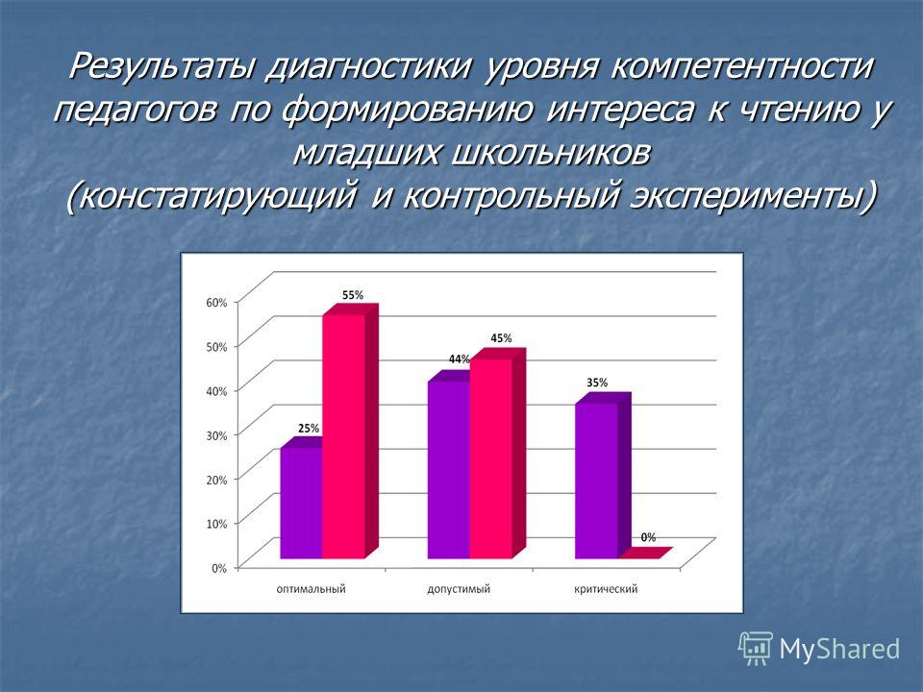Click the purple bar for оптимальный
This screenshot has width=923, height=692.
tap(301, 503)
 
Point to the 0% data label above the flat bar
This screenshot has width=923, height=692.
tap(648, 537)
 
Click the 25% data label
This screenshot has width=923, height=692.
tap(309, 429)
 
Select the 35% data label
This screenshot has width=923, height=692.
tap(597, 383)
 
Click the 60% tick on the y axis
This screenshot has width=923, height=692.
tap(216, 303)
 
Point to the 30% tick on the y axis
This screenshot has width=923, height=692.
tap(216, 435)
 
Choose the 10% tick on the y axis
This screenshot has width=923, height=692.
tap(216, 524)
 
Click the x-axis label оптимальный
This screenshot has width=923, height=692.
tap(311, 589)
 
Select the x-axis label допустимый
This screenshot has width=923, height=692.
tap(459, 589)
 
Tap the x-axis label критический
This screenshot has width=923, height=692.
tap(606, 589)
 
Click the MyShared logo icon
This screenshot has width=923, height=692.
tap(756, 649)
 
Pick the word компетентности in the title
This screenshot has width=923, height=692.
tap(741, 66)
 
